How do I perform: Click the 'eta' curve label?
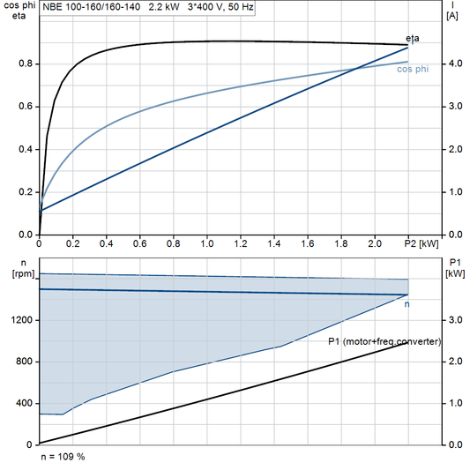pos(413,38)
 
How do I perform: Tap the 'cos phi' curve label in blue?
pos(413,69)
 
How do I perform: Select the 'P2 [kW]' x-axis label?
pos(422,242)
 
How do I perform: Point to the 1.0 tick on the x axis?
pos(206,242)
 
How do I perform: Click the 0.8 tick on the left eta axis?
pos(27,63)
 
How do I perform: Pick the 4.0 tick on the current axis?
pos(455,63)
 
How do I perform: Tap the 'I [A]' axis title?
pos(451,11)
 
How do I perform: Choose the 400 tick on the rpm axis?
pos(26,403)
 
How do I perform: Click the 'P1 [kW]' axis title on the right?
pos(455,267)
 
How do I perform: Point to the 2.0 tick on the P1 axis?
pos(455,362)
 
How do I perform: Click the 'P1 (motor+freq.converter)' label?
pos(384,341)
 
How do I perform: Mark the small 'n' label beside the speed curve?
pos(407,304)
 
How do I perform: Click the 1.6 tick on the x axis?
pos(307,242)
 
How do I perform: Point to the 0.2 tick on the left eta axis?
pos(27,191)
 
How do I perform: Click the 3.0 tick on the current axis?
pos(455,106)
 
